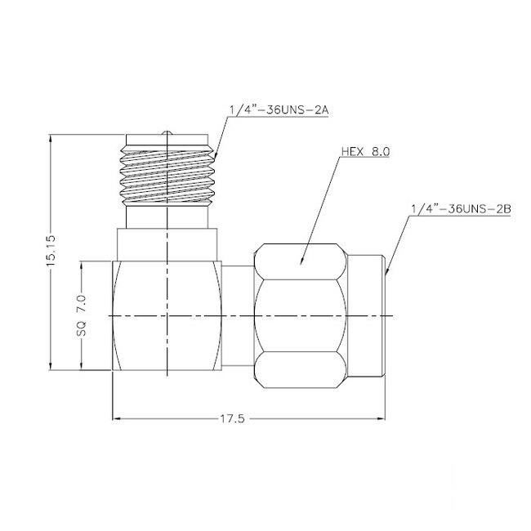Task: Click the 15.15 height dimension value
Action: pyautogui.click(x=51, y=253)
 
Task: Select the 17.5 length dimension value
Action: pyautogui.click(x=233, y=418)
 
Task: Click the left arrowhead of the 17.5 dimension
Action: pyautogui.click(x=115, y=418)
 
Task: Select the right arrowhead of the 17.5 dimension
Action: pyautogui.click(x=382, y=418)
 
